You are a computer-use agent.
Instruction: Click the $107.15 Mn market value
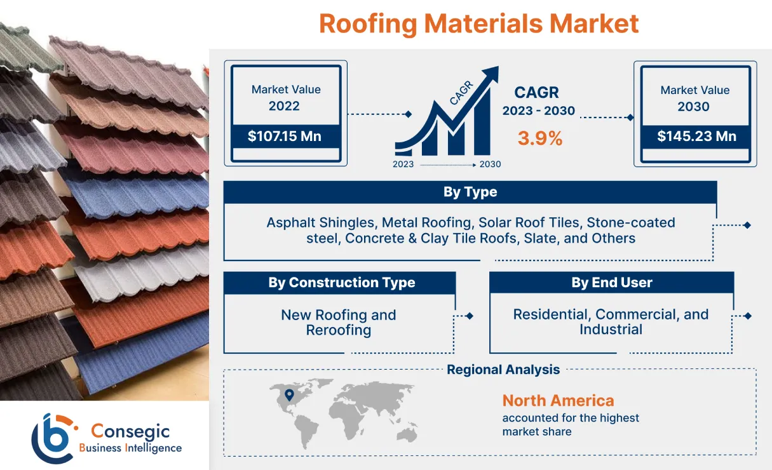point(284,136)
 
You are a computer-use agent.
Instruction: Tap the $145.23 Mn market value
point(696,136)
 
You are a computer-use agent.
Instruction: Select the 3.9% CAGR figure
point(539,138)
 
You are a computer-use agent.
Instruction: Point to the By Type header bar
point(470,192)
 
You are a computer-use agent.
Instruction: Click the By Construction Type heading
point(341,283)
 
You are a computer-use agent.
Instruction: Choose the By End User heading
point(611,283)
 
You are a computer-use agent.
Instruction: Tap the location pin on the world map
point(290,394)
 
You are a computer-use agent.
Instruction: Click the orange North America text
point(558,401)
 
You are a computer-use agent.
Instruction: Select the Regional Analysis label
point(503,370)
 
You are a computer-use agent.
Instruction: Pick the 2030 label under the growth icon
point(490,164)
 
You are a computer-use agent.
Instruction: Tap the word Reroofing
point(338,330)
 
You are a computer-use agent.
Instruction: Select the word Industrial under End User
point(611,330)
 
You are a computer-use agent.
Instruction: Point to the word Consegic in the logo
point(130,431)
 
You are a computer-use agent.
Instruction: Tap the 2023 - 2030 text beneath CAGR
point(538,111)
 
